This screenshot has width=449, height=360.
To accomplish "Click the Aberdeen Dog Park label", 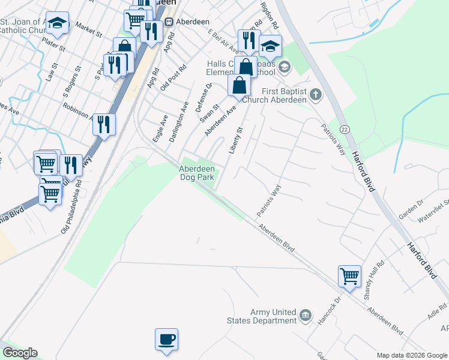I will pyautogui.click(x=197, y=173).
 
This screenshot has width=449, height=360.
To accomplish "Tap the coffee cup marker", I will pyautogui.click(x=166, y=340).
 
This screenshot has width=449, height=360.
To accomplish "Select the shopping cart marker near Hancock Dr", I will pyautogui.click(x=349, y=277).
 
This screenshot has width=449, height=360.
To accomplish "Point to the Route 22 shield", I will pyautogui.click(x=344, y=130).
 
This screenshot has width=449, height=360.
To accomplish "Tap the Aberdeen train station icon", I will pyautogui.click(x=169, y=21).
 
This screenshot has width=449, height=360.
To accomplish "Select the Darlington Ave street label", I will pyautogui.click(x=179, y=124).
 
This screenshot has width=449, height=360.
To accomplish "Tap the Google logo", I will pyautogui.click(x=20, y=353).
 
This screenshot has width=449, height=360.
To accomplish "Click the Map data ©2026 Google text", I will pyautogui.click(x=411, y=355).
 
